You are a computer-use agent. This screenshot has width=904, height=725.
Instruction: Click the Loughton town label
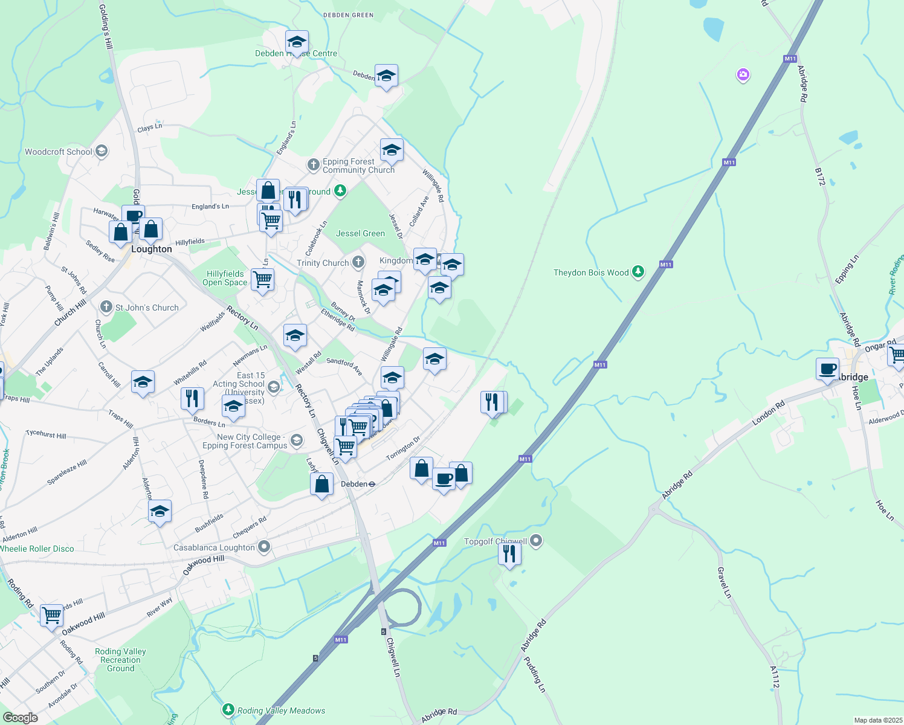(152, 249)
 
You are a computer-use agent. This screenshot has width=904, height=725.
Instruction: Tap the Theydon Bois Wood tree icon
(638, 272)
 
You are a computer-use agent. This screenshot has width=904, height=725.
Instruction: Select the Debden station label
(354, 484)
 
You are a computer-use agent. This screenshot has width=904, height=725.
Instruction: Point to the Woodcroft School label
(59, 152)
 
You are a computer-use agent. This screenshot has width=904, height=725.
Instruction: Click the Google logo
(20, 718)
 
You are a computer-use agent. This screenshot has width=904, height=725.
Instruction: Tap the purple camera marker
(743, 75)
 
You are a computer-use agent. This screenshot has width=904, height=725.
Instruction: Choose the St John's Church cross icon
(106, 307)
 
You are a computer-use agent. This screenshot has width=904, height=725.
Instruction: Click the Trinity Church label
(323, 263)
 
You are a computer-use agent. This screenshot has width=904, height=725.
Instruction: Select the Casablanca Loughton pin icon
(264, 547)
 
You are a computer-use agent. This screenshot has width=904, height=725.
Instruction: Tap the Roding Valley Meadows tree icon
(228, 710)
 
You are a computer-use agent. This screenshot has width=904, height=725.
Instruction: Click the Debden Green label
(348, 15)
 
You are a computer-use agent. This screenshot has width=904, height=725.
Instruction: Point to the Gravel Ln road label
(724, 582)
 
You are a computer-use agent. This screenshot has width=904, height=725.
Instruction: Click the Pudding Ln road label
(534, 674)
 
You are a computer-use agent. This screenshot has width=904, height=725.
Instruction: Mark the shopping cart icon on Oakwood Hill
(52, 616)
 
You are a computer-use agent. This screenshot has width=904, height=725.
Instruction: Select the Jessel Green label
(360, 233)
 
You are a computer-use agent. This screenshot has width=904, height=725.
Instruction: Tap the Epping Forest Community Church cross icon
(313, 164)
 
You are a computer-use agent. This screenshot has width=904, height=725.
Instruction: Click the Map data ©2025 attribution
(878, 720)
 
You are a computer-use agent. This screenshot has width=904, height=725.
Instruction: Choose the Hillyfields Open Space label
(225, 278)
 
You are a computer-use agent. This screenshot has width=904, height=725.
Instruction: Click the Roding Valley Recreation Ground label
(120, 660)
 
